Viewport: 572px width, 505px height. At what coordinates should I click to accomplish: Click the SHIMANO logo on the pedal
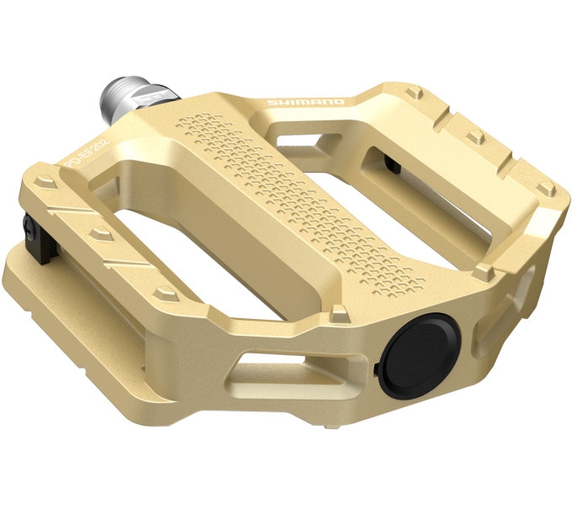coord(305,103)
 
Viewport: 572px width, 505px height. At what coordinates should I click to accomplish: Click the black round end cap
coord(420,353)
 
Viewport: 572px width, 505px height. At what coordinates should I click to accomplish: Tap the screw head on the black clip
coord(27,226)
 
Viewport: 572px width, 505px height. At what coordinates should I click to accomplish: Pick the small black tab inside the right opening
coord(392,162)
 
